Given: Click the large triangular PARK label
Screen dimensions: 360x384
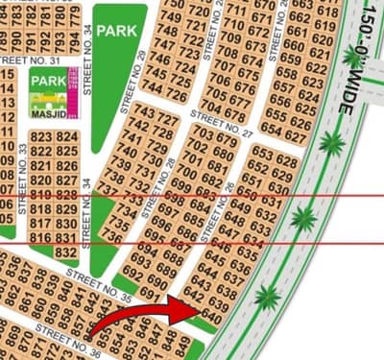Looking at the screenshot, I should [x=123, y=30].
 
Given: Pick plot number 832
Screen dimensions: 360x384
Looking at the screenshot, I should [x=65, y=252].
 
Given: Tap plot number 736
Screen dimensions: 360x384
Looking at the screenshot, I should [x=112, y=235].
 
